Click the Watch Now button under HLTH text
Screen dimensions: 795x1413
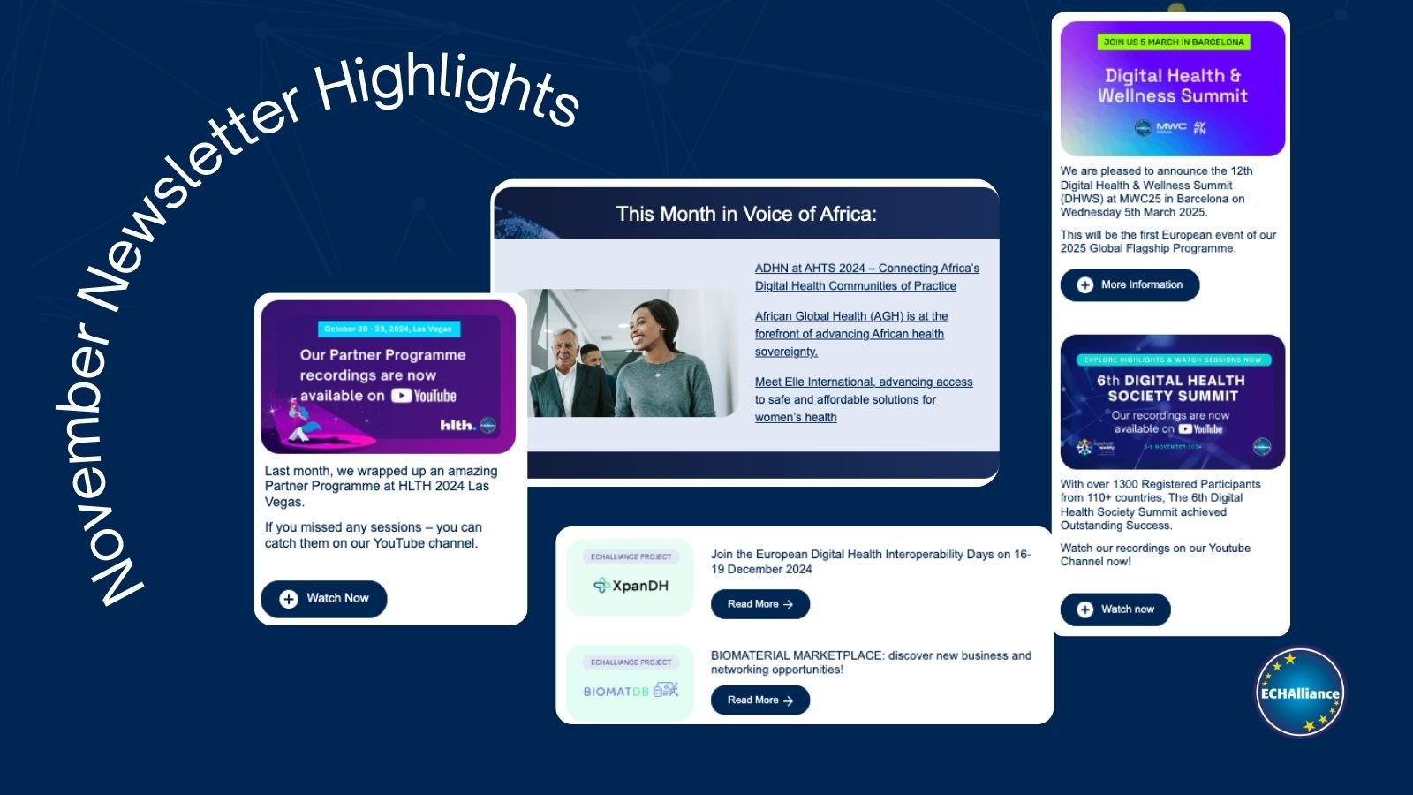point(324,599)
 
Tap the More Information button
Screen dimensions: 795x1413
point(1130,285)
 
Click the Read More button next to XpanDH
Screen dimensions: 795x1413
point(759,604)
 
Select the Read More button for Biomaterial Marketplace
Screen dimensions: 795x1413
point(759,700)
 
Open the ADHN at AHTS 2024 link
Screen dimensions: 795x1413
point(866,277)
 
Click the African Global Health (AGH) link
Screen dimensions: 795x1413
point(850,334)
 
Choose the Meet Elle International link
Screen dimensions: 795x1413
point(863,399)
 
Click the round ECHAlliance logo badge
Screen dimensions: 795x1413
point(1300,693)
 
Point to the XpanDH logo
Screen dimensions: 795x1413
point(631,586)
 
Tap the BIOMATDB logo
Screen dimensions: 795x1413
point(631,691)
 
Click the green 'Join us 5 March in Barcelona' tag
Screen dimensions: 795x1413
point(1173,42)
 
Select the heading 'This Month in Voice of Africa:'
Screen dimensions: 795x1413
point(746,214)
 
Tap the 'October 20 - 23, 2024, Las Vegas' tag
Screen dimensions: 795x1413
point(388,329)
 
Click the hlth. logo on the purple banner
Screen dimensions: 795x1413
point(457,426)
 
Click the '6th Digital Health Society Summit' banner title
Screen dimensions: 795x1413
point(1172,388)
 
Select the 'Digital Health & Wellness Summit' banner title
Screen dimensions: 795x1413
point(1172,86)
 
